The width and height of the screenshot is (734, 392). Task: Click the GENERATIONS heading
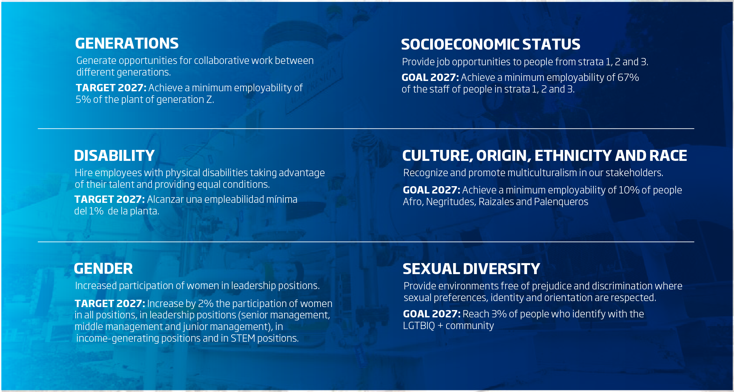point(127,43)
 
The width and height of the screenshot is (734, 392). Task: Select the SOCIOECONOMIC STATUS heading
point(490,44)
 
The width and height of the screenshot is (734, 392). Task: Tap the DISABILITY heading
point(114,156)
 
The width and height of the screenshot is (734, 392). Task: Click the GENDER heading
point(103,268)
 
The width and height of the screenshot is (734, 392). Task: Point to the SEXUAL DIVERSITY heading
point(471,269)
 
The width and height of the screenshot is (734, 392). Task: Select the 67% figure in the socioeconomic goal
point(628,77)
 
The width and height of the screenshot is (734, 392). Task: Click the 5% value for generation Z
point(83,99)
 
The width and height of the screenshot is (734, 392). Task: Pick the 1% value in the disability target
point(96,211)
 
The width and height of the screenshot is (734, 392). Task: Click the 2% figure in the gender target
point(206,303)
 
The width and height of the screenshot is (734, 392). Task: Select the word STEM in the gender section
point(243,338)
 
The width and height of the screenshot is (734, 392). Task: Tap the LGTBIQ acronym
point(419,325)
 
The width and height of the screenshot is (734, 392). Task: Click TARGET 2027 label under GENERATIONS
point(111,88)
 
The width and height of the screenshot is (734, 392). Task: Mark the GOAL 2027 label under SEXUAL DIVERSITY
point(432,314)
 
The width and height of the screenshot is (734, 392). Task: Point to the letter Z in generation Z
point(209,99)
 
